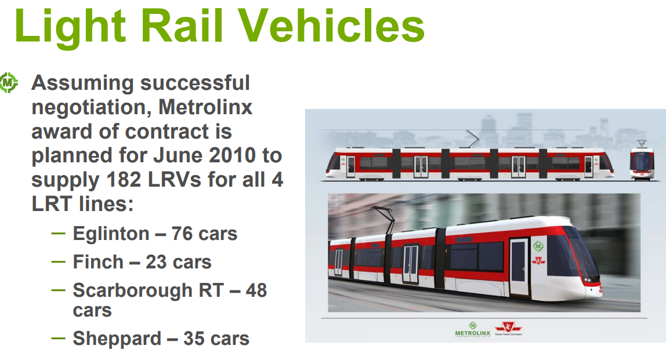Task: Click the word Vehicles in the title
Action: [331, 26]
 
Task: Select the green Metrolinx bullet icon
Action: [9, 83]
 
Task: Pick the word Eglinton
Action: [111, 234]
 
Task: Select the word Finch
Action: [98, 262]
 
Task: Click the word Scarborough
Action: [132, 291]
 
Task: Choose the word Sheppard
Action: [117, 339]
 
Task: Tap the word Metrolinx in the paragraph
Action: [205, 107]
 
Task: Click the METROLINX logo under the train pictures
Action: [473, 330]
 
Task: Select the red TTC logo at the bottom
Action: [508, 328]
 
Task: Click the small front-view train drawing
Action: [642, 161]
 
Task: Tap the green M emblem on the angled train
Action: [538, 246]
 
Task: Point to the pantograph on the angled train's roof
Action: [383, 220]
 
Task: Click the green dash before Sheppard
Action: [58, 339]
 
